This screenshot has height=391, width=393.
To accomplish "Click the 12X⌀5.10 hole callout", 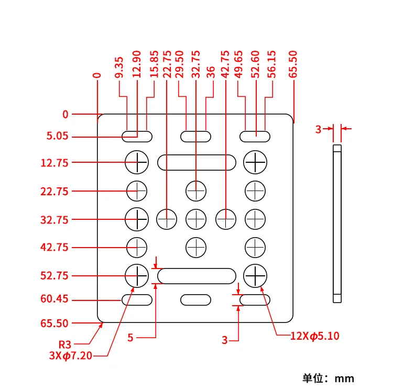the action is coord(315,336).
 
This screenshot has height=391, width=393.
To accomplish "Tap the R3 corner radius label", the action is coord(64,344).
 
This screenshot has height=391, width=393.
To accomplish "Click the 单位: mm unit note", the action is coord(328,378).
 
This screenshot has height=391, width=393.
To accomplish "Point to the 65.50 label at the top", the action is coord(293,64).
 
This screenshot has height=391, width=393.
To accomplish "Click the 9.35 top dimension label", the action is coord(119,68).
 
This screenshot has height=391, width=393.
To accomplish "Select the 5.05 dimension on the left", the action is coord(57,137).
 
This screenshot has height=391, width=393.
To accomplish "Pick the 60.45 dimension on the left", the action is coord(54,300).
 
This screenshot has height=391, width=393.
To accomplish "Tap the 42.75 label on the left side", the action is coord(54,248).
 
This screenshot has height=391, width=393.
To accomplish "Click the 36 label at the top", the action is coord(211,73).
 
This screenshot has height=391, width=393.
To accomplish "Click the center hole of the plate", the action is coord(196,218).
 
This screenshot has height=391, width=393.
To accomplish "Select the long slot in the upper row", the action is coord(196,162).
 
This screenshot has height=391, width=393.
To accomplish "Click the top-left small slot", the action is coord(137,137).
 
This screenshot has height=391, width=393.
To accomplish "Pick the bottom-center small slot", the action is coord(196,300).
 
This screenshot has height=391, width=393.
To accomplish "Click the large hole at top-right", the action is coord(256,162).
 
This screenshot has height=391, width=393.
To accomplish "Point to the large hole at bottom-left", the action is coord(137,275).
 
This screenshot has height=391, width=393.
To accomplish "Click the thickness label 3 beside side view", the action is coord(318,129).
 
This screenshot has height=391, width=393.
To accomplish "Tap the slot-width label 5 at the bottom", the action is coord(130,338).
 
